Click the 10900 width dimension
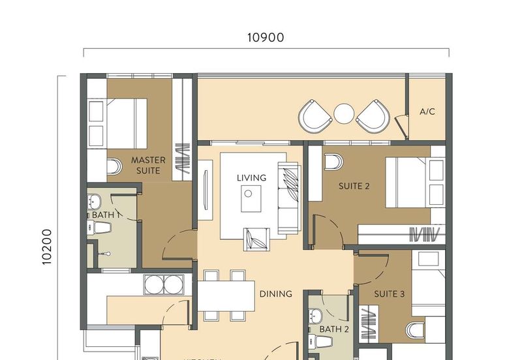coord(266,38)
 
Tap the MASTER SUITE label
coord(148,165)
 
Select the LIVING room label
coord(251,177)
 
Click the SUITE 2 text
coord(354,186)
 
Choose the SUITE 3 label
coord(389,294)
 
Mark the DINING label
coord(275,294)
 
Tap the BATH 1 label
coord(103,215)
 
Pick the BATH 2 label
coord(334,329)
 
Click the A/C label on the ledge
coord(427,112)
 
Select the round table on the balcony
coord(344,114)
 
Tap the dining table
coord(226,295)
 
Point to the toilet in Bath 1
coord(100,227)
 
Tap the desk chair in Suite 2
coord(333,160)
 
